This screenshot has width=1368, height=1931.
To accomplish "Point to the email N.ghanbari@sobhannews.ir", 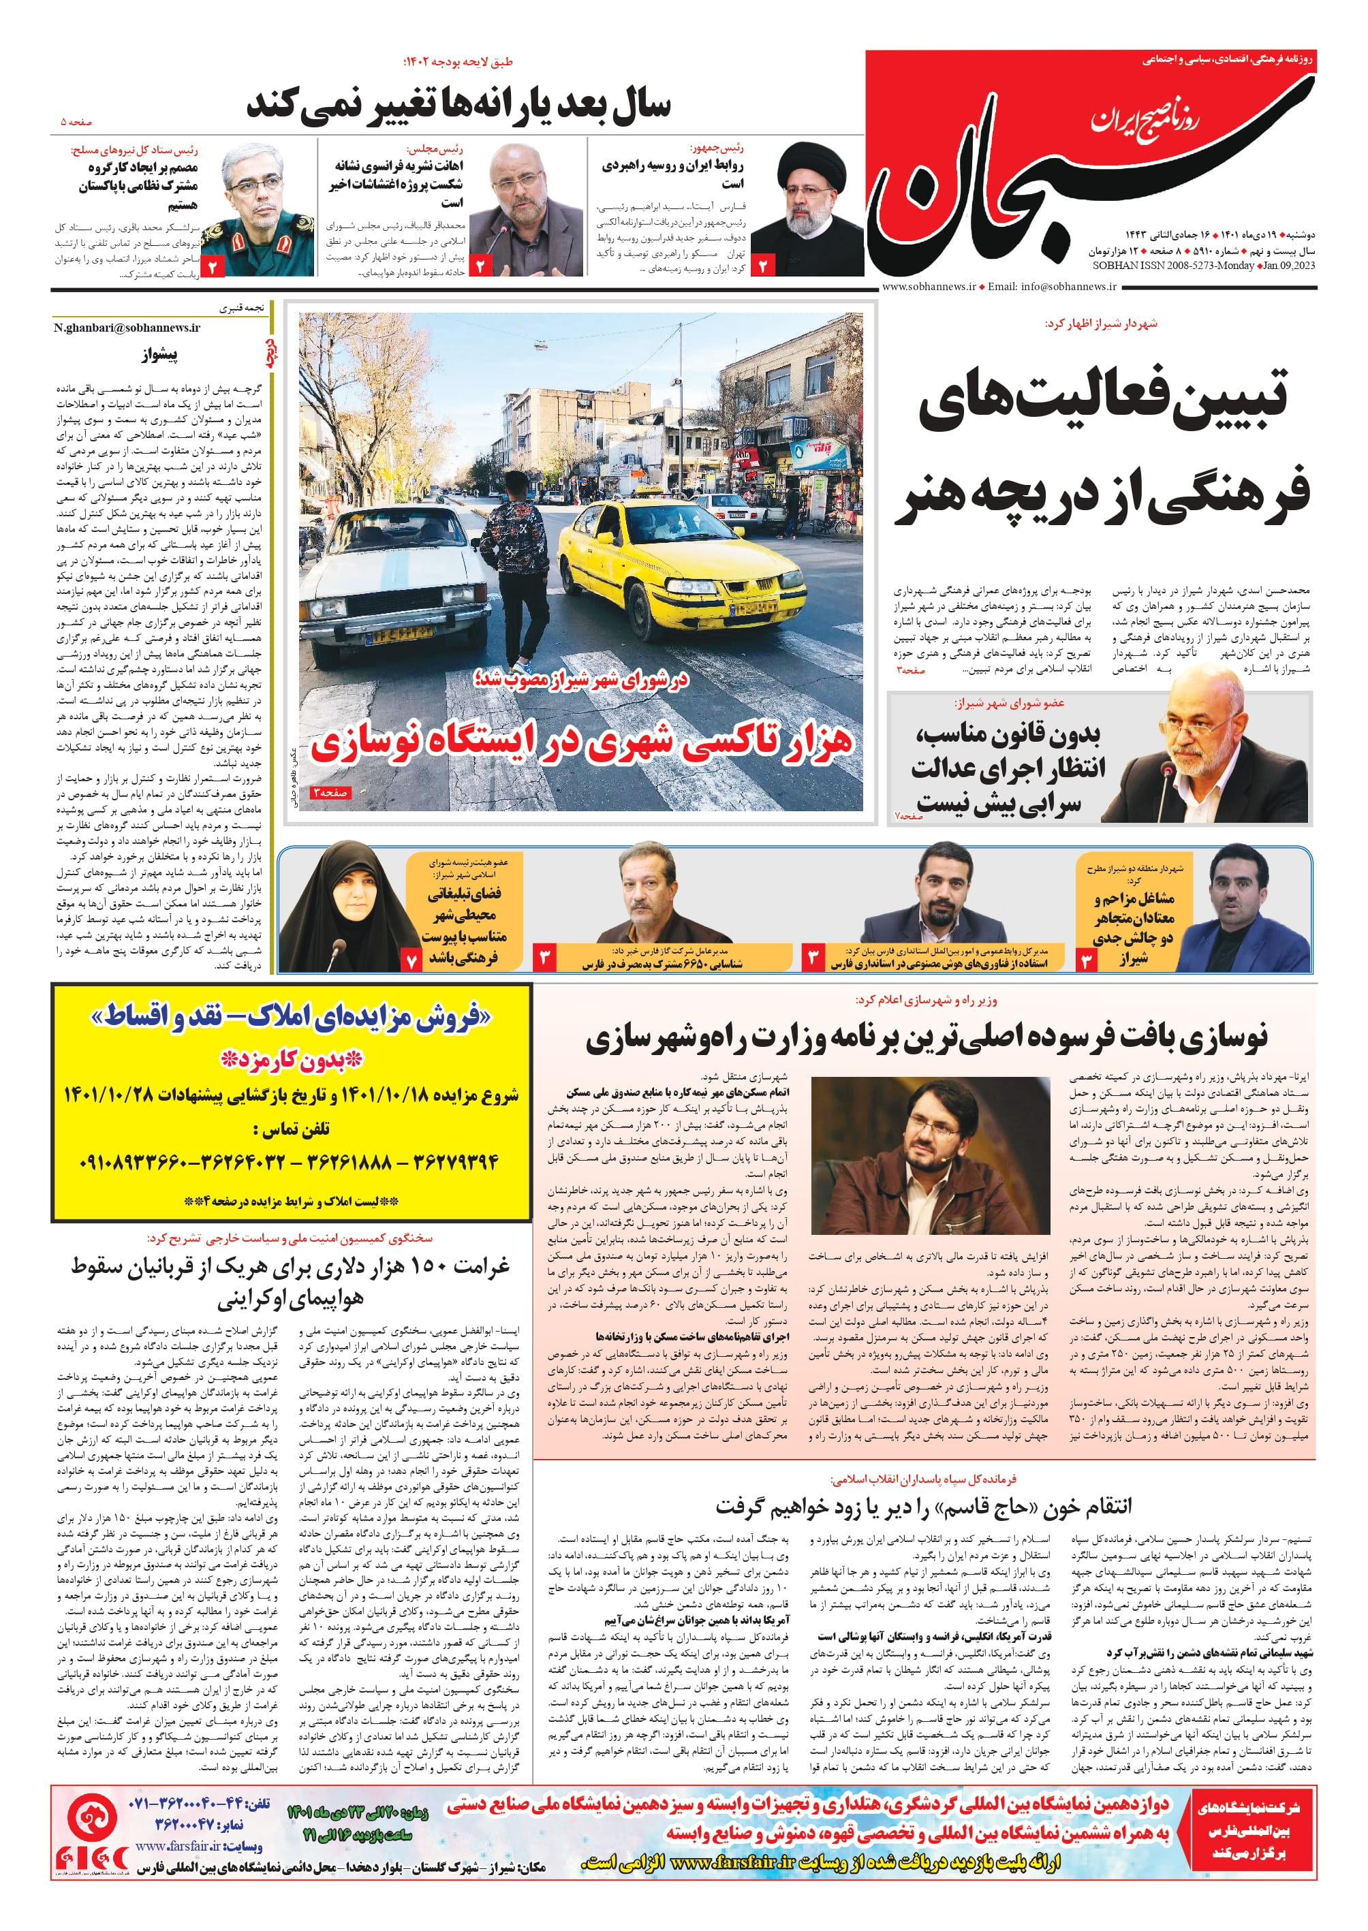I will click(x=127, y=328).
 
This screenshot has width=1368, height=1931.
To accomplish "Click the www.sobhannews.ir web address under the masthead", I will click(x=929, y=286).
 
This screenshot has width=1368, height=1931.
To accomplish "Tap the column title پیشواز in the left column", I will click(x=159, y=355).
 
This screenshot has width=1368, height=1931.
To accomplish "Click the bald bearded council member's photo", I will click(x=1204, y=758).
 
